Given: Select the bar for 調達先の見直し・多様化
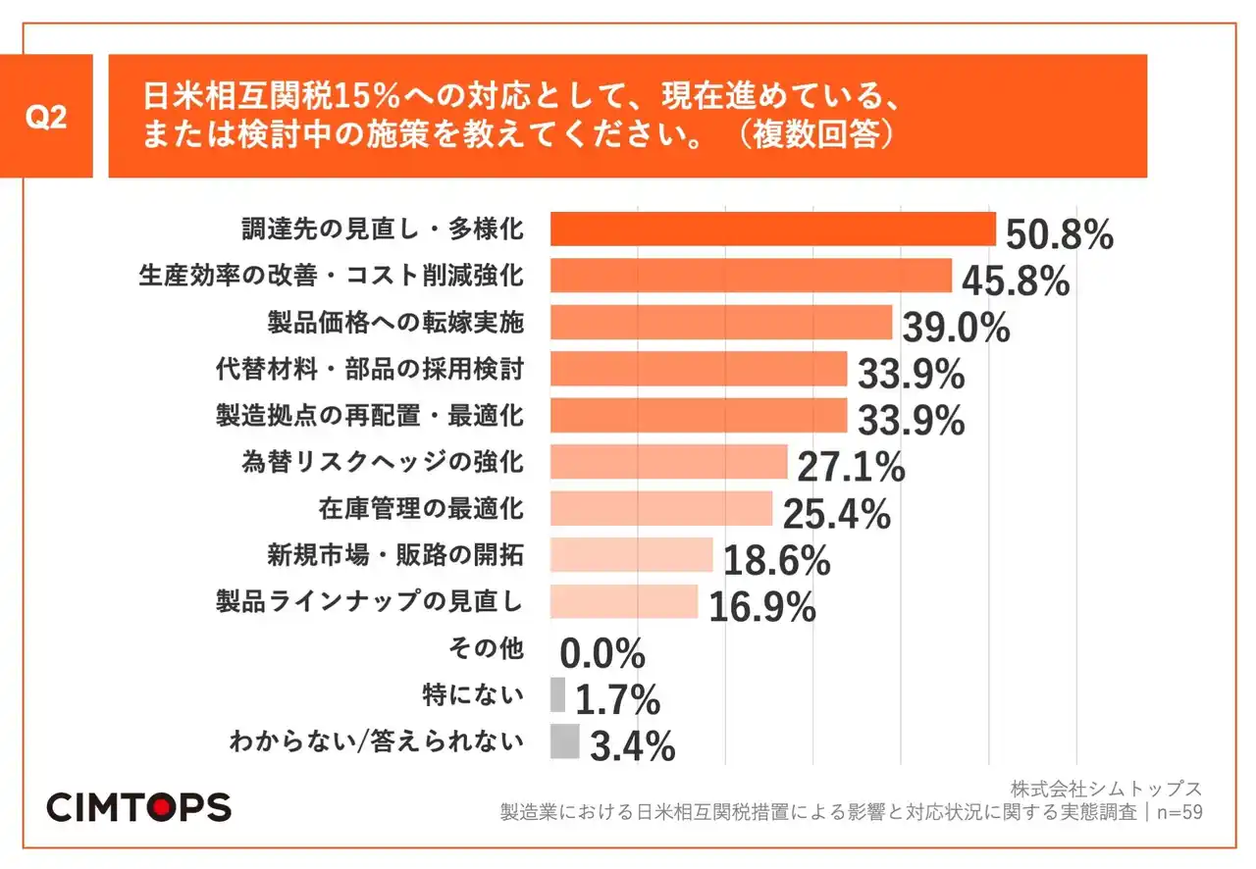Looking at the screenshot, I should click(x=773, y=230).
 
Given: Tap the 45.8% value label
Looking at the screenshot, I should click(x=1015, y=281).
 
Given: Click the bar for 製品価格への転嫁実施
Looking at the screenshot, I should click(x=721, y=322).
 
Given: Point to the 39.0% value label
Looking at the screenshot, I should click(x=956, y=329).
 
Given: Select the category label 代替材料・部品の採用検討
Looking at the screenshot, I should click(x=369, y=369).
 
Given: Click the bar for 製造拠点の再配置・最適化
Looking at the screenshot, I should click(x=699, y=415).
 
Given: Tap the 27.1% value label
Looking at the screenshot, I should click(x=850, y=468).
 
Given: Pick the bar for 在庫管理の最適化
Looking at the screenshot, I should click(x=661, y=509).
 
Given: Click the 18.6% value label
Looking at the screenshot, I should click(x=776, y=561).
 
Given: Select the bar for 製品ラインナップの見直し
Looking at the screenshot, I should click(x=624, y=601).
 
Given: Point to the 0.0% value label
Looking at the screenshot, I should click(x=602, y=652).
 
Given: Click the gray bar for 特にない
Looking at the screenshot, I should click(x=557, y=694).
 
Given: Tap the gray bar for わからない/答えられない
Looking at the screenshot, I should click(x=564, y=741).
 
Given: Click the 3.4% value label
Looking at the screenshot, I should click(x=632, y=747).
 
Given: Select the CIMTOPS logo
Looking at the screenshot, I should click(x=138, y=806).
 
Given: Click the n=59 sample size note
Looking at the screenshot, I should click(x=1177, y=812).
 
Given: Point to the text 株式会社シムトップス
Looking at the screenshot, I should click(x=1106, y=789).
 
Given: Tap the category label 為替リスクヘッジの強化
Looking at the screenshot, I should click(x=383, y=462).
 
